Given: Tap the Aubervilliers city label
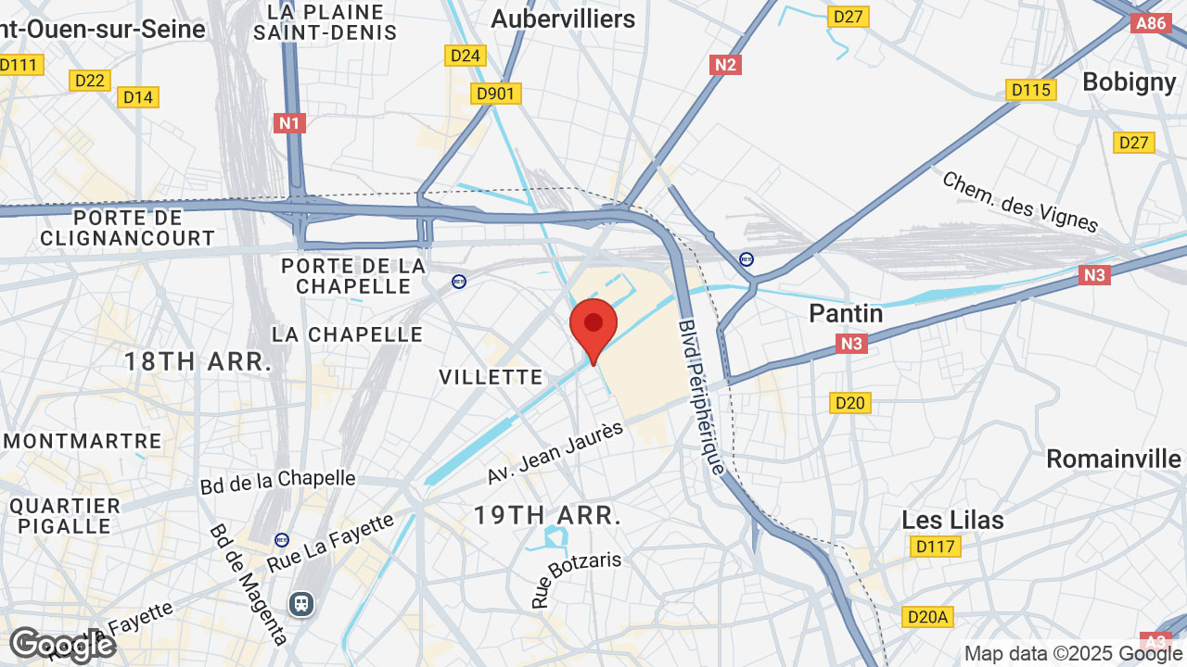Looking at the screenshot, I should pos(563,19).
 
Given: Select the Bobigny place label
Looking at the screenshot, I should pos(1129,82).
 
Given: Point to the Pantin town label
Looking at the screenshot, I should pos(846,313).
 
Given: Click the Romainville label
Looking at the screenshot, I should pos(1114,459).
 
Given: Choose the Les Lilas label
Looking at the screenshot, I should pos(952,520).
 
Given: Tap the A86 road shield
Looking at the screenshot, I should pos(1150,23).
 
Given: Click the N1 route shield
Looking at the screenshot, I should pos(289,122).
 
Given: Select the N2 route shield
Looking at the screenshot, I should pos(725,64).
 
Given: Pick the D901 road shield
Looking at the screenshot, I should pos(497,94).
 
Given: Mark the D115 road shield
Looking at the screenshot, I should pos(1030,90).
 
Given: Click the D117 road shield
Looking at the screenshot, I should pos(934,547).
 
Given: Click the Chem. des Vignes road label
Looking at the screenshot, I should pos(1019,201).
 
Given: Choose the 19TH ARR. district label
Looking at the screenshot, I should pos(547,516).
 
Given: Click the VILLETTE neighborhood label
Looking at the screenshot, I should pos(491,377).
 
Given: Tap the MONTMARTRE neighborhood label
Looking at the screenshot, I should pos(82,441).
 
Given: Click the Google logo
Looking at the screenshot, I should pos(62,645).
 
